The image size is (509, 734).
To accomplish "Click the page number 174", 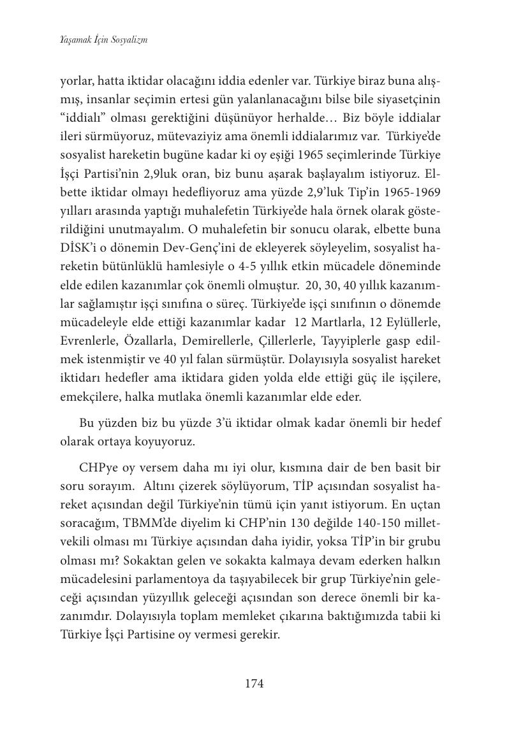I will click(x=254, y=684).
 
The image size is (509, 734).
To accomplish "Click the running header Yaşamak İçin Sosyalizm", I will click(x=104, y=40).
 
